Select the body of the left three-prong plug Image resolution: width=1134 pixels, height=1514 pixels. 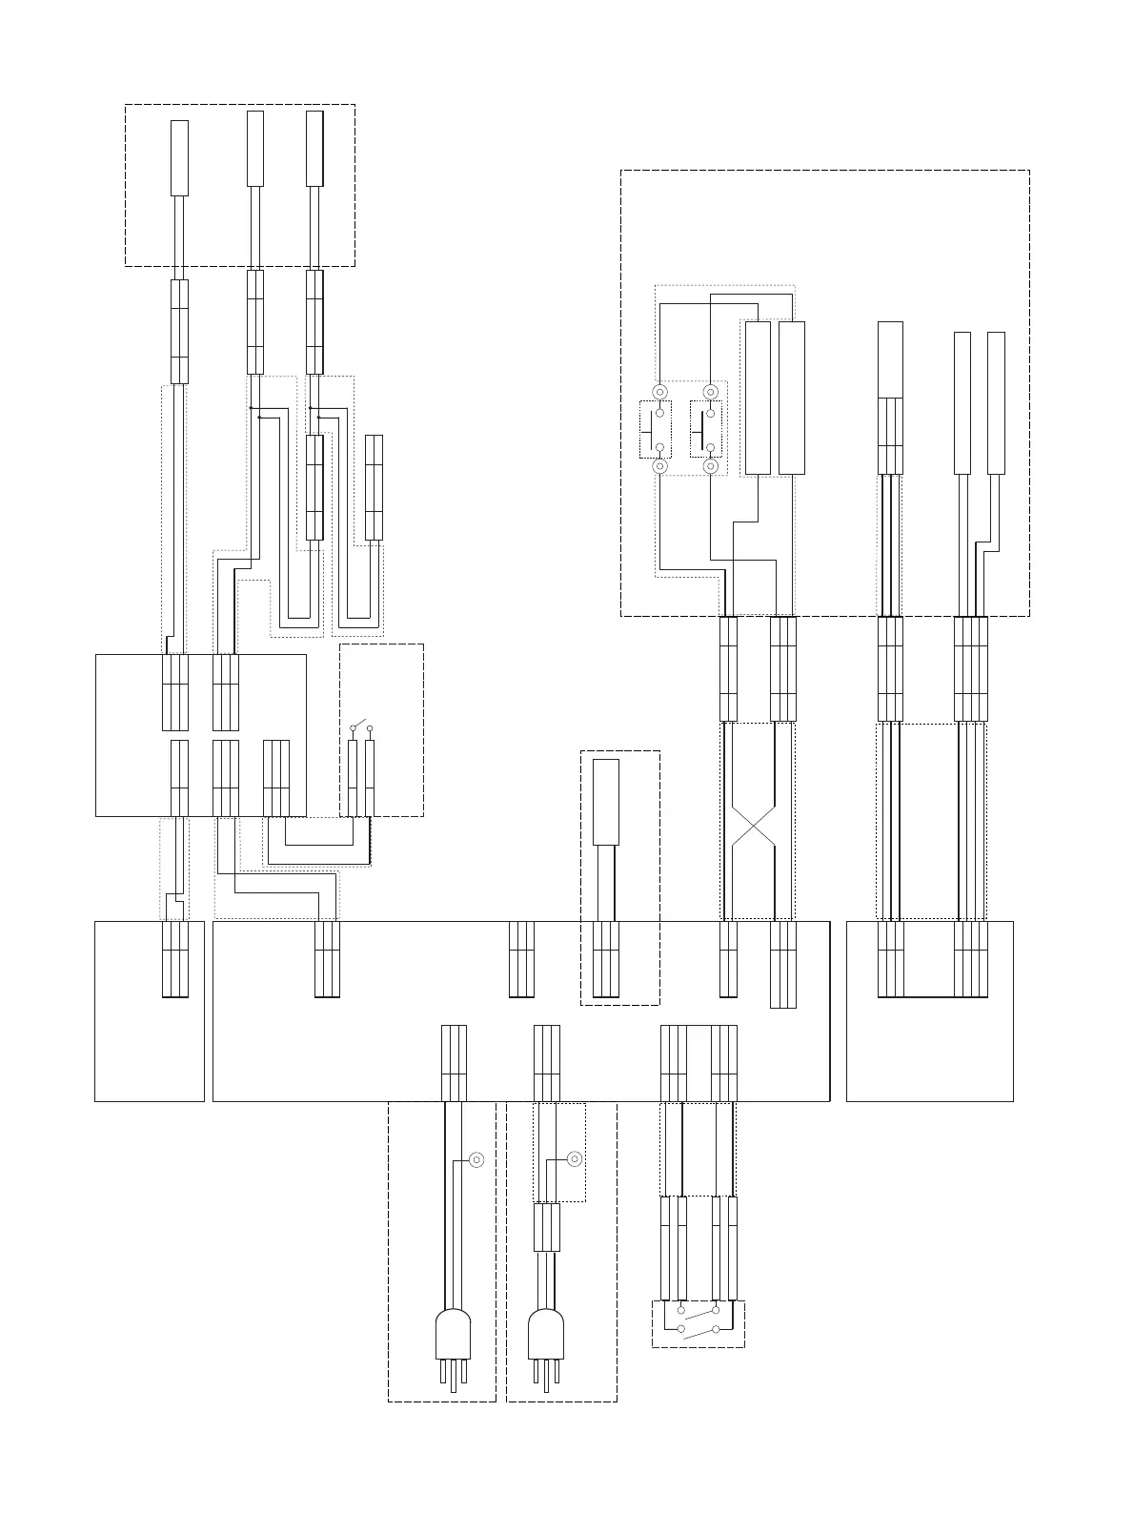coord(453,1334)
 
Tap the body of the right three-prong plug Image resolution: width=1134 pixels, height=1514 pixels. coord(546,1334)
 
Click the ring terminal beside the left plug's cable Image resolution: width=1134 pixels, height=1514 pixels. coord(477,1159)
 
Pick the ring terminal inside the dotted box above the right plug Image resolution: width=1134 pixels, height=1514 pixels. coord(575,1159)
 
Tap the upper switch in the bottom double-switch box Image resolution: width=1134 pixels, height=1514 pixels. coord(698,1314)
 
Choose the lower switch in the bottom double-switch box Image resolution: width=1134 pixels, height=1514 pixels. coord(698,1331)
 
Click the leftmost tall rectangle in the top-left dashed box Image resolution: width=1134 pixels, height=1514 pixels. coord(179,157)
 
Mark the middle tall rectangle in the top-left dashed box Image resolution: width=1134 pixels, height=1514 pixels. coord(255,148)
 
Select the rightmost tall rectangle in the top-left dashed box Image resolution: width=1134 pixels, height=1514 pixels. coord(314,148)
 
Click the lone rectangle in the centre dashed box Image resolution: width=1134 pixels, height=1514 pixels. coord(606,802)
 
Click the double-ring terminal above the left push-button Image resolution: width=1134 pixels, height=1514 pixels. coord(658,392)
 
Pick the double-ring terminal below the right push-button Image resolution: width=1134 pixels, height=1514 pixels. coord(710,466)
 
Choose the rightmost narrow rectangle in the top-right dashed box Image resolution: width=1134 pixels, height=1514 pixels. coord(996,402)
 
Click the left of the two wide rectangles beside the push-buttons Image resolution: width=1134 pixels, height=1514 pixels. coord(758,398)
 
